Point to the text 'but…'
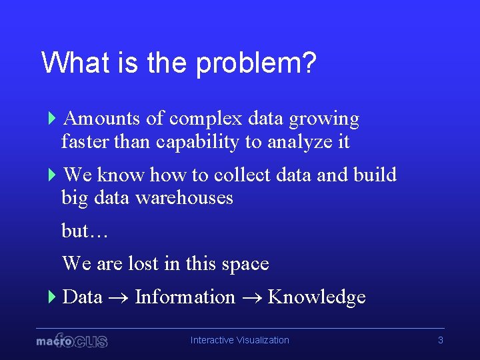click(x=85, y=231)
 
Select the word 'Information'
click(x=185, y=297)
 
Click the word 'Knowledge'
click(x=317, y=297)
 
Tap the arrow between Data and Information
click(x=118, y=298)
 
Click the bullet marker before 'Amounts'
click(x=53, y=119)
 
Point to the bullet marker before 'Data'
click(x=53, y=297)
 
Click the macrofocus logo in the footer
click(x=72, y=340)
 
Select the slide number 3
click(x=440, y=340)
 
